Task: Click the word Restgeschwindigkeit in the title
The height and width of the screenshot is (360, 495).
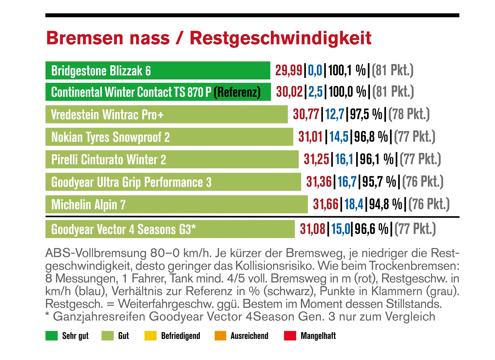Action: [x=280, y=38]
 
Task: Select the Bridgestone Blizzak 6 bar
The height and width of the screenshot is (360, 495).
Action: [x=158, y=70]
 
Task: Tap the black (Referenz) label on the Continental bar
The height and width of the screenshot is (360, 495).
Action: [x=237, y=92]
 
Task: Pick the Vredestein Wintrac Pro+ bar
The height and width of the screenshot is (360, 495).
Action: [x=166, y=114]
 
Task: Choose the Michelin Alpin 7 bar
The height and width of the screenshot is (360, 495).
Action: [x=176, y=204]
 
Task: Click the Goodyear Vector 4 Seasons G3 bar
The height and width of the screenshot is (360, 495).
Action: [x=170, y=229]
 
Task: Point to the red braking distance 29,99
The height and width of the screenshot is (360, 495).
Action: [x=288, y=70]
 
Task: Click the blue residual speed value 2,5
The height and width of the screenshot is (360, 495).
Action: [x=315, y=92]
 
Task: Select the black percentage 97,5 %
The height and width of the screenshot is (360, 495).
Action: [x=366, y=114]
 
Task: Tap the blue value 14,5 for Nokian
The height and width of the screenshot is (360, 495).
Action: [x=339, y=137]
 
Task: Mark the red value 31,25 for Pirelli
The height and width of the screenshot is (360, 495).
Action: [x=316, y=159]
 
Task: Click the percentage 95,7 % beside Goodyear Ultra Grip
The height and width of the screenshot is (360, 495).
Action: [x=379, y=182]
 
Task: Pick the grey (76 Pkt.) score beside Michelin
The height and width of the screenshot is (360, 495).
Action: [x=429, y=204]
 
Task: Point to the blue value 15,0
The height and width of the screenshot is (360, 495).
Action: [x=341, y=229]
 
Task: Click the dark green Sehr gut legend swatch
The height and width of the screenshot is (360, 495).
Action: [x=51, y=336]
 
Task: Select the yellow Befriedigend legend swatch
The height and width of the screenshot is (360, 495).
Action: [x=150, y=336]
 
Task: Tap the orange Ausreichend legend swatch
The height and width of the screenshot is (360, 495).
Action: [x=220, y=336]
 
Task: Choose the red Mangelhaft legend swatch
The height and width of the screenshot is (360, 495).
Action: [x=290, y=336]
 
